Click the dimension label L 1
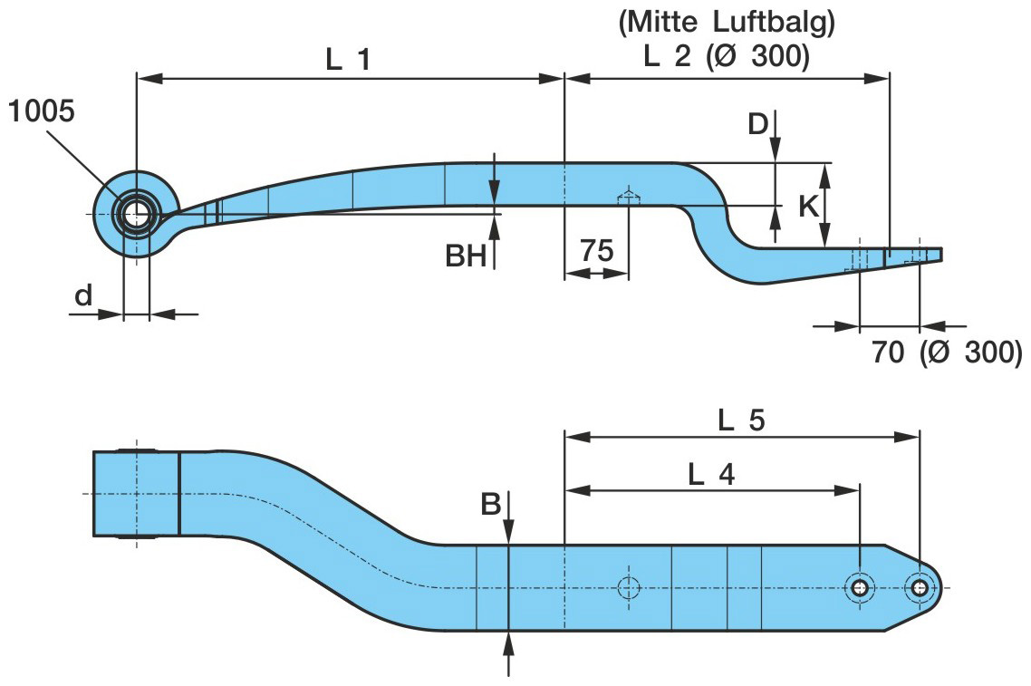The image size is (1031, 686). (349, 60)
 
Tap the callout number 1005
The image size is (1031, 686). (42, 111)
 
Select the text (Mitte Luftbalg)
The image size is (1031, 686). (726, 24)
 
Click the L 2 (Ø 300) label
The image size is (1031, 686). (726, 56)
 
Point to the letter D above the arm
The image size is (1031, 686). (758, 123)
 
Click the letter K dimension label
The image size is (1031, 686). (809, 207)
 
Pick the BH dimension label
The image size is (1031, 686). (466, 257)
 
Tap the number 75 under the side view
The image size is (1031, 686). (597, 251)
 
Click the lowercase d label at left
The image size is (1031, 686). (83, 295)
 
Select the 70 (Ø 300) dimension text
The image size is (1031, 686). (947, 352)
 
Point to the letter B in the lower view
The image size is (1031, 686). (491, 505)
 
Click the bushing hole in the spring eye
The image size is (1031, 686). (137, 215)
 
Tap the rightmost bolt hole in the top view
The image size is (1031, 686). (920, 587)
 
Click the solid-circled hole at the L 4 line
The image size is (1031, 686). (859, 587)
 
